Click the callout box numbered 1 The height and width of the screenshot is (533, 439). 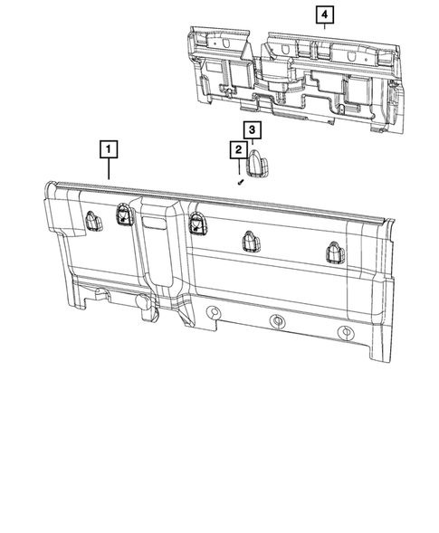tap(109, 148)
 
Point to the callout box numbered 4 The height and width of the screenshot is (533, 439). tap(324, 15)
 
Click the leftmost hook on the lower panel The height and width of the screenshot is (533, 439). tap(93, 220)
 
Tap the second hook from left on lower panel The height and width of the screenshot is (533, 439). tap(123, 213)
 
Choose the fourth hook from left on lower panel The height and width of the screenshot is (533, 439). tap(251, 241)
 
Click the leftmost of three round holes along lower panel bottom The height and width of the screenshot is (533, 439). tap(214, 312)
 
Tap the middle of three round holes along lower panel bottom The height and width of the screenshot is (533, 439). tap(278, 322)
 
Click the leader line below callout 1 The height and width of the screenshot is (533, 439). tap(109, 169)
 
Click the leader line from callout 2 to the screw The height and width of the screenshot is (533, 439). tap(237, 167)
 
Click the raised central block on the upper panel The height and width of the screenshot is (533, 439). tap(277, 68)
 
